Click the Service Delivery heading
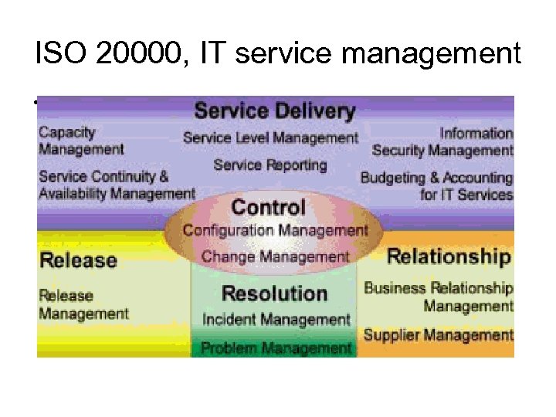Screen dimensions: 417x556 click(274, 111)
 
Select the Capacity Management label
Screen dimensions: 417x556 click(82, 141)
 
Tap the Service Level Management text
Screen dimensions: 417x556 click(271, 138)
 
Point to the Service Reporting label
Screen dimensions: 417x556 click(270, 164)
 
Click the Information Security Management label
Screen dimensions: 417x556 click(443, 142)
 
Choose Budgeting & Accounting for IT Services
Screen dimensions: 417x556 click(437, 186)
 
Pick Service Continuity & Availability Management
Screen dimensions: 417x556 click(117, 185)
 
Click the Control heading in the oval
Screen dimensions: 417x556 click(269, 207)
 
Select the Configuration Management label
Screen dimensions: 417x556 click(275, 230)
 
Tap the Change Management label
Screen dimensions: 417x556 click(275, 256)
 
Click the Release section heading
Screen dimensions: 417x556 click(79, 259)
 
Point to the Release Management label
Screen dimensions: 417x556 click(83, 304)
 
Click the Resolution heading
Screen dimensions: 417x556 click(274, 293)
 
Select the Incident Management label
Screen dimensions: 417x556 click(276, 319)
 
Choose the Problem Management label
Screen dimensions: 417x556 click(276, 347)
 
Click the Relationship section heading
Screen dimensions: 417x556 click(449, 256)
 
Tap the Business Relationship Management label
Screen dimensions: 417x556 click(439, 297)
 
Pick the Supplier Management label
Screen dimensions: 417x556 click(438, 335)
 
